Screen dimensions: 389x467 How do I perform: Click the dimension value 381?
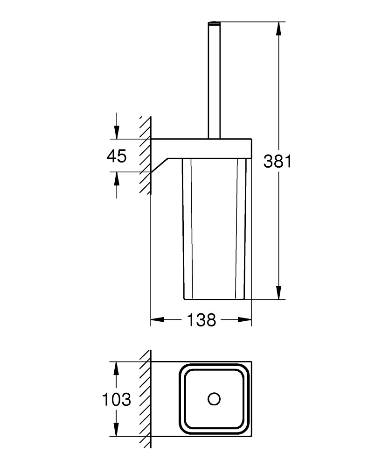pyautogui.click(x=278, y=162)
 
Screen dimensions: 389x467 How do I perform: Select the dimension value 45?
pyautogui.click(x=117, y=156)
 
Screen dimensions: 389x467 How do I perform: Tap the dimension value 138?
pyautogui.click(x=201, y=320)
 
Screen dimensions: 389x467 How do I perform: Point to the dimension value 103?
pyautogui.click(x=116, y=399)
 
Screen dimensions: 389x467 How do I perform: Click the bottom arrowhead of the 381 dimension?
pyautogui.click(x=278, y=292)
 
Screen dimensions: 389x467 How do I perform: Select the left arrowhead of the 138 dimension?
pyautogui.click(x=158, y=320)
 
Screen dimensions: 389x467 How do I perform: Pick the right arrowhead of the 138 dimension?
pyautogui.click(x=244, y=320)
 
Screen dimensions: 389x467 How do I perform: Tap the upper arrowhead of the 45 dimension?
pyautogui.click(x=117, y=132)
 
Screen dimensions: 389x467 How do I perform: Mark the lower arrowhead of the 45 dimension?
pyautogui.click(x=117, y=179)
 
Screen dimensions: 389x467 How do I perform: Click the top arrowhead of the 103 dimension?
pyautogui.click(x=117, y=369)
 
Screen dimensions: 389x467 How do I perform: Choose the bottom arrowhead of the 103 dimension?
pyautogui.click(x=117, y=430)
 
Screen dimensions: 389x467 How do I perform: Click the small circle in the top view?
pyautogui.click(x=214, y=399)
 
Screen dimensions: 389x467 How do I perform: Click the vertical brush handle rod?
pyautogui.click(x=214, y=80)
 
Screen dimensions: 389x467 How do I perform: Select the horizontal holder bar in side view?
pyautogui.click(x=201, y=149)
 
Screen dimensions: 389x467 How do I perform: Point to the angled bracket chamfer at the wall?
pyautogui.click(x=160, y=165)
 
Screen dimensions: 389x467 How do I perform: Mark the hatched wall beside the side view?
pyautogui.click(x=146, y=155)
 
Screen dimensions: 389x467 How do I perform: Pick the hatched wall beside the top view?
pyautogui.click(x=146, y=399)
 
